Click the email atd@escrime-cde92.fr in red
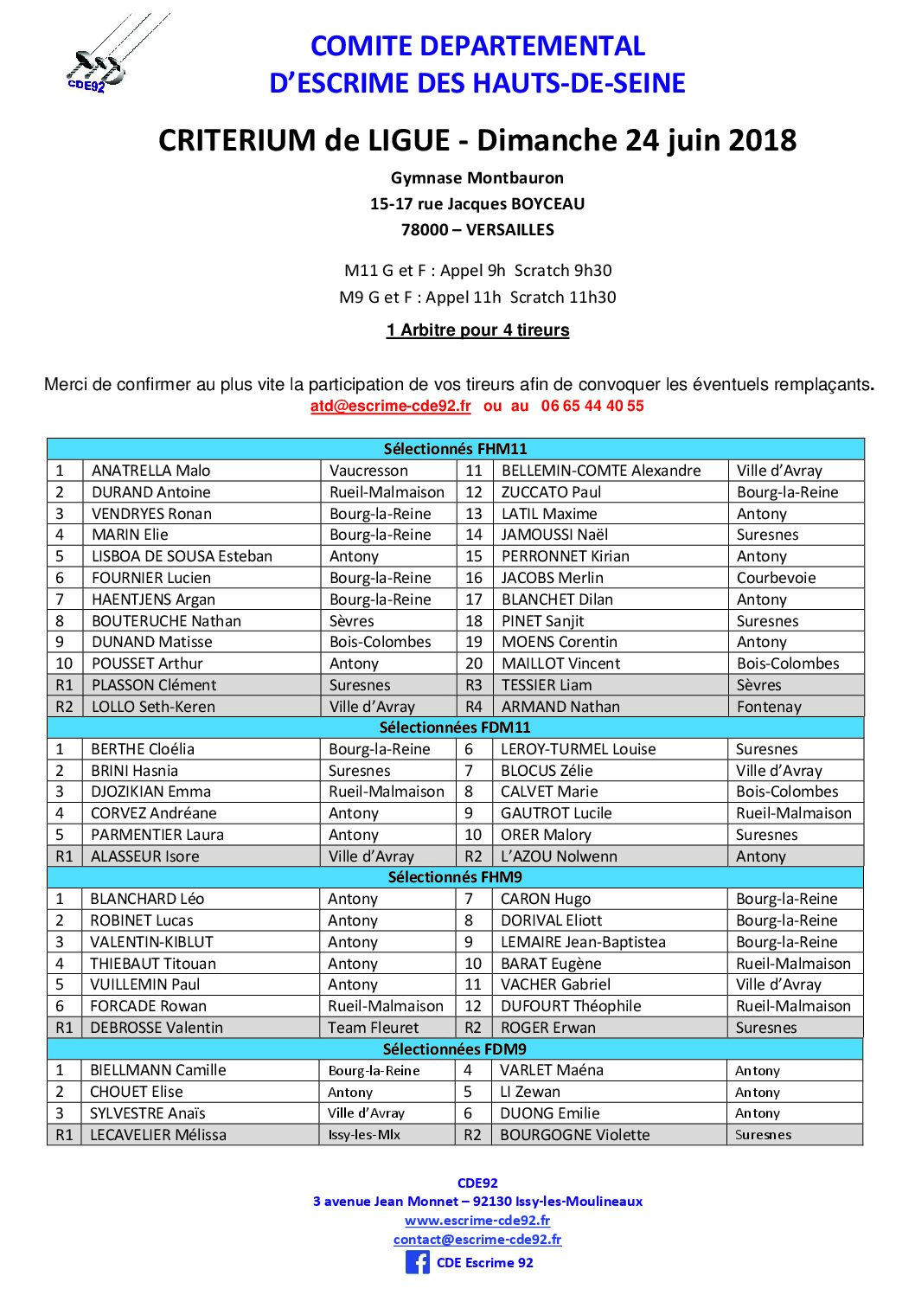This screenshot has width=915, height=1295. pos(390,406)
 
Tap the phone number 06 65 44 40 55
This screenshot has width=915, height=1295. pos(592,406)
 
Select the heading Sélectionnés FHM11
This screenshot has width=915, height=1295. pos(455,449)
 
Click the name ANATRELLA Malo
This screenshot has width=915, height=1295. pos(151,471)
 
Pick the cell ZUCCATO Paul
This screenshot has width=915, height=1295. pos(551,492)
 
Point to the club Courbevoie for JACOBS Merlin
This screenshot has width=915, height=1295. pos(776,578)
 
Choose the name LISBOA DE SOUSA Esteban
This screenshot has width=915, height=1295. pos(182,556)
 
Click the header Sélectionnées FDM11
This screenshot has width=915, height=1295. pos(455,728)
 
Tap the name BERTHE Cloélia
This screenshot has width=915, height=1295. pos(143,749)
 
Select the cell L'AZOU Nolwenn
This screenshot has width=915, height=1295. pos(559,856)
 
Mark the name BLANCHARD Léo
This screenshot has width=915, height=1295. pos(147,899)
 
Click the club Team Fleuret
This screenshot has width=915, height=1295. pos(373,1028)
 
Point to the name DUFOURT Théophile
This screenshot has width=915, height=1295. pos(571,1006)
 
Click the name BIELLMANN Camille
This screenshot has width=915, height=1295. pos(157,1070)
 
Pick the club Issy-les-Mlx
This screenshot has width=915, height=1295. pos(364,1135)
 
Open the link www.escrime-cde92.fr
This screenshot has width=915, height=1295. pos(477,1221)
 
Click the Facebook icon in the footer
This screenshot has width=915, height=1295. pos(417,1262)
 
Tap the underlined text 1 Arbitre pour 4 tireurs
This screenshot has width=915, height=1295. pos(477,330)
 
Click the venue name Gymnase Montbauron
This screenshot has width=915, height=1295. pos(477,178)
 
